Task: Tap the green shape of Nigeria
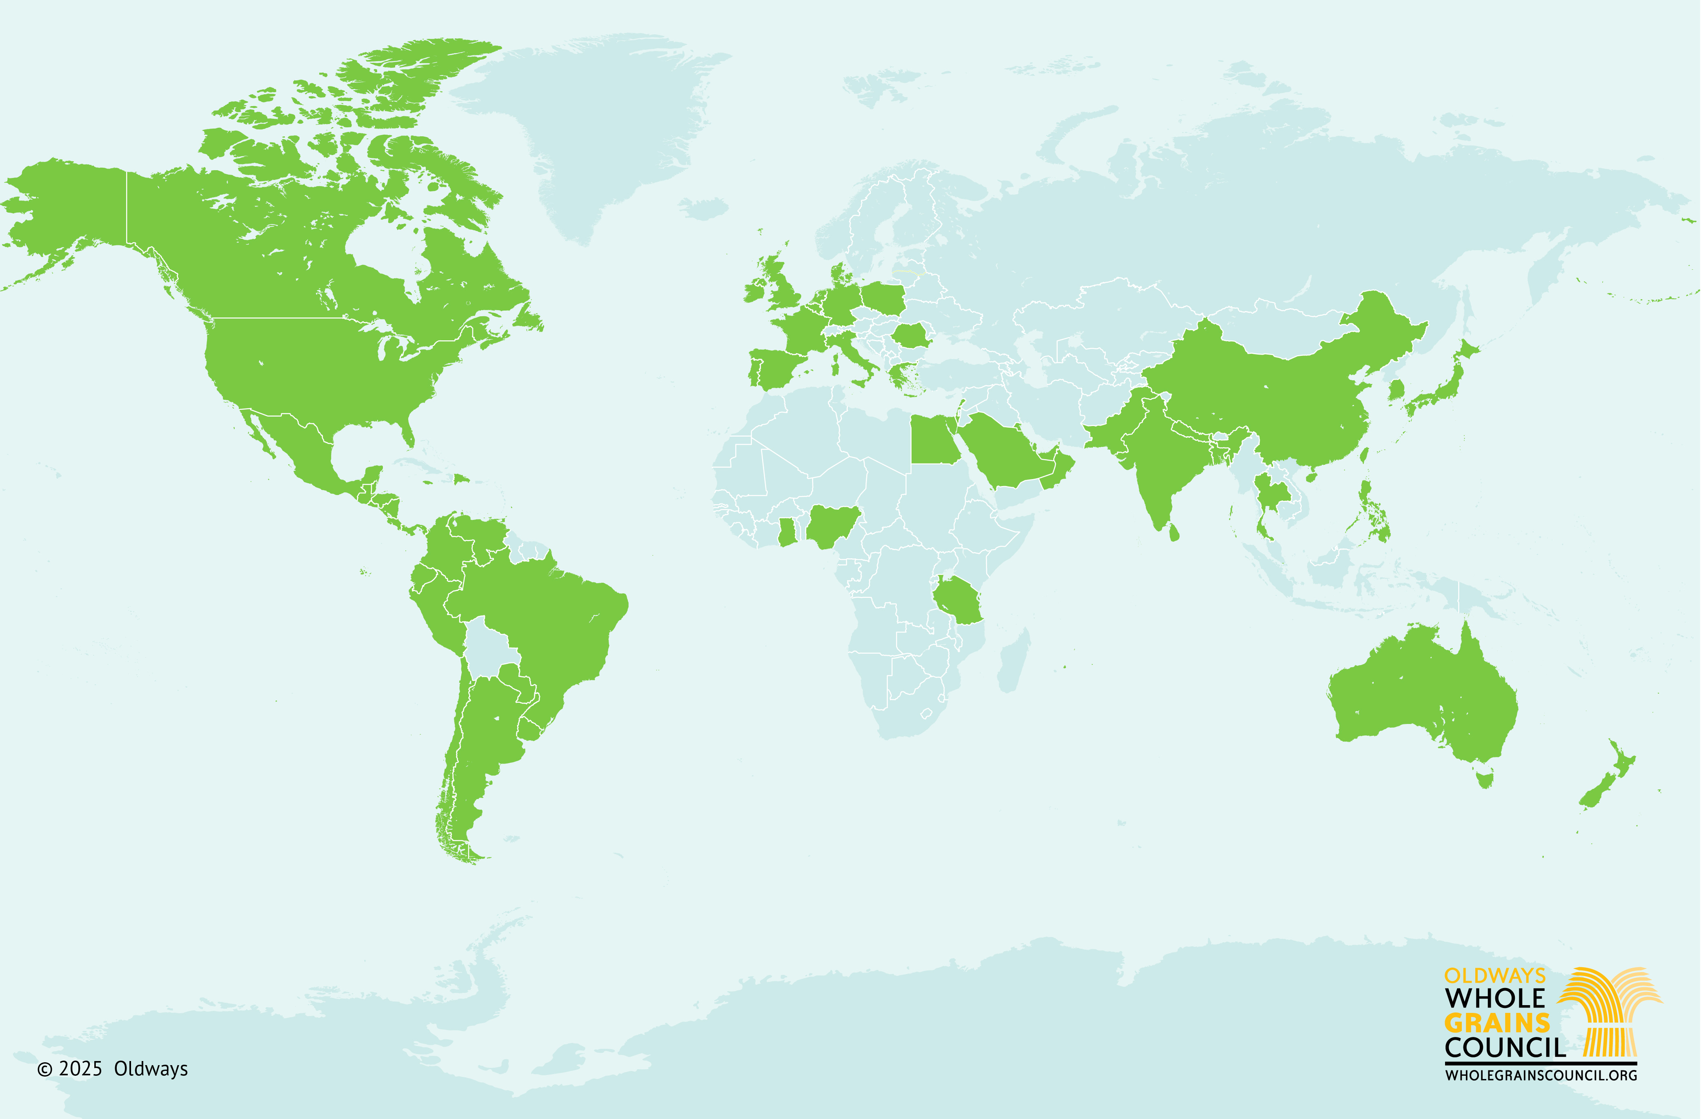[x=833, y=526]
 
